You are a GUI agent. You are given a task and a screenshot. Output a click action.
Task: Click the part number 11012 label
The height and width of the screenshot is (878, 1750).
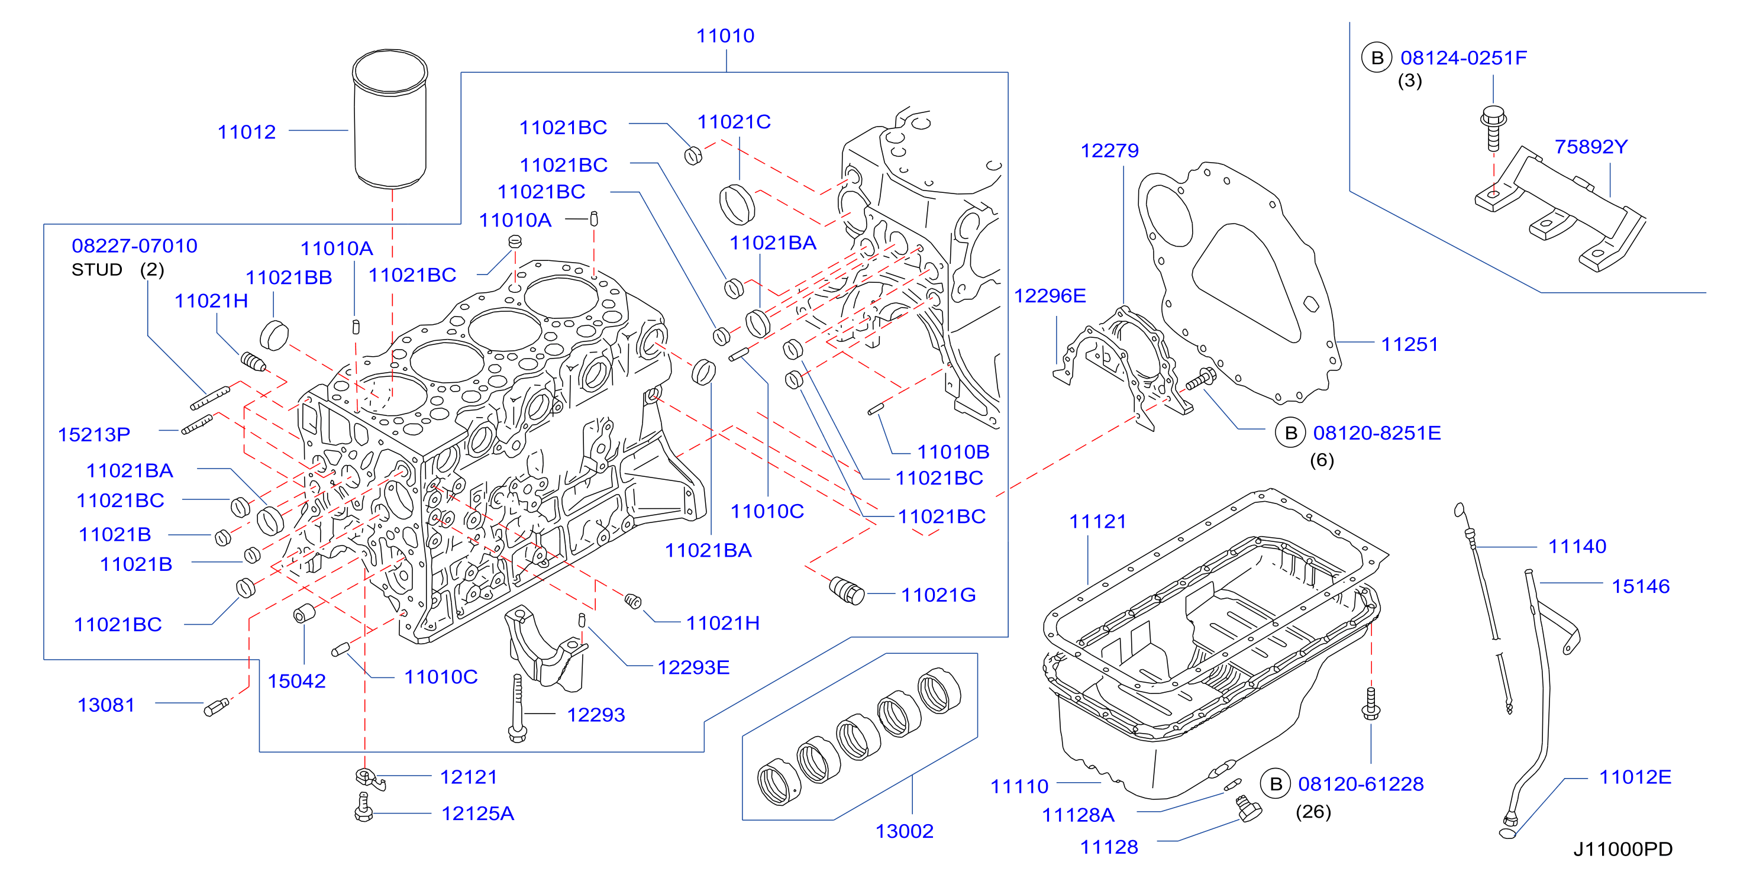(247, 131)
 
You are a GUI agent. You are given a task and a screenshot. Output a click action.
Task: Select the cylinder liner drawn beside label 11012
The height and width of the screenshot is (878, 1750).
(390, 118)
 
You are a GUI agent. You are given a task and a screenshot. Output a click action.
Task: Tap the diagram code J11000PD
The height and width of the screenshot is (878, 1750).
(1622, 849)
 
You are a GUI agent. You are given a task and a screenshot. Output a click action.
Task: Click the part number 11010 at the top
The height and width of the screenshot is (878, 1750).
(725, 35)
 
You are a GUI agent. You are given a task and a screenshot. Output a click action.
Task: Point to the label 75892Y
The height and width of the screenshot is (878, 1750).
(1591, 146)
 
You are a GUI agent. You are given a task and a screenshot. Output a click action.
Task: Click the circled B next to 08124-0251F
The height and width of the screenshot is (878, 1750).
(1377, 58)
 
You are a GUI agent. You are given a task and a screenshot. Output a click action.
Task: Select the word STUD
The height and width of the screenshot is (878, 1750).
(96, 270)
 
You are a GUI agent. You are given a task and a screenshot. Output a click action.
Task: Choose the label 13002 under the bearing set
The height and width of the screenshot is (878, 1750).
(904, 831)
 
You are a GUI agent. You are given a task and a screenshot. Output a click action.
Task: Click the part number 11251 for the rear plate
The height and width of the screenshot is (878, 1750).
(1410, 344)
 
